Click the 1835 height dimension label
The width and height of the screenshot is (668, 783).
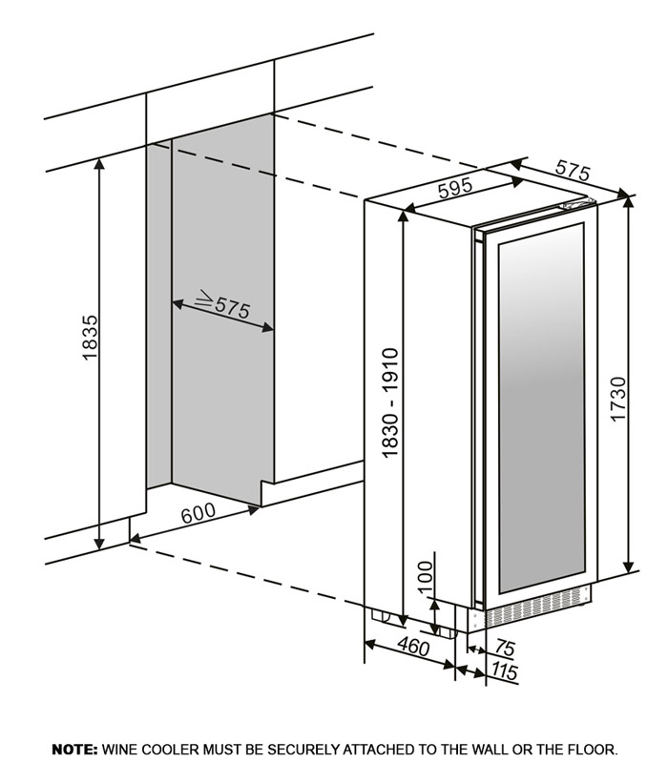(91, 338)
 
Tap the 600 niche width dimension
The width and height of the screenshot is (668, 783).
(198, 513)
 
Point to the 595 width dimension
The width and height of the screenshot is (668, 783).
(454, 188)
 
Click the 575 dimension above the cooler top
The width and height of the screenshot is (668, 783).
(573, 170)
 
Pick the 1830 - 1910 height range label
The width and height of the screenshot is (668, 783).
(389, 402)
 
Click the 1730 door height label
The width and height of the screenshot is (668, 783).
(618, 400)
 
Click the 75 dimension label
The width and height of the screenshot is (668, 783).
(505, 649)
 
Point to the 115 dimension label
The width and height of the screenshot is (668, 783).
(504, 671)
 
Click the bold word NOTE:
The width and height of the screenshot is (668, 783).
(75, 750)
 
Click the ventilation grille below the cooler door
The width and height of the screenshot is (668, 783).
(535, 607)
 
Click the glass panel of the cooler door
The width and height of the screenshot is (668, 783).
(541, 408)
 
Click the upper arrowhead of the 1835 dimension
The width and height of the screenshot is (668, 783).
(100, 164)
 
